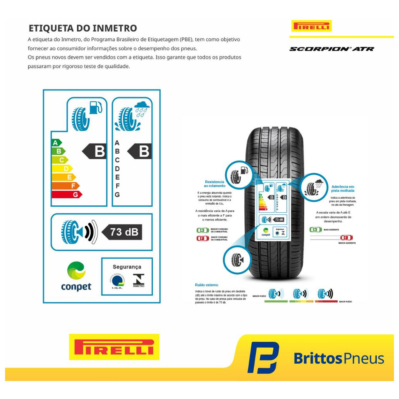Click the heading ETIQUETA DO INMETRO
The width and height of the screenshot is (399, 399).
click(83, 28)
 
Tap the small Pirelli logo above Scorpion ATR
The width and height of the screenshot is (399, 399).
click(311, 26)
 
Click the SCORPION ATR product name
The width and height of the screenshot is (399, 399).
click(331, 49)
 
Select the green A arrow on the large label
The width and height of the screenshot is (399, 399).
click(57, 143)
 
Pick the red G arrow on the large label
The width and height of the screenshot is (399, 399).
click(67, 194)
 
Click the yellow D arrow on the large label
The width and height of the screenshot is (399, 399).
click(62, 168)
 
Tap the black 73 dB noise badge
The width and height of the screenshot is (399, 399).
click(122, 232)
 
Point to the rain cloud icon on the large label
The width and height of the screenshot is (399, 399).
click(141, 106)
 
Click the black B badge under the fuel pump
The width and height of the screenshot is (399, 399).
click(95, 151)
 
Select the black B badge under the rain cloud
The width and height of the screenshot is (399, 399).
click(140, 151)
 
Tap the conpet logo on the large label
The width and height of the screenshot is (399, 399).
click(76, 276)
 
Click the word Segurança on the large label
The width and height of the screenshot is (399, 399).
click(127, 267)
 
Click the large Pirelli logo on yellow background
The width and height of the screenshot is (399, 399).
click(114, 346)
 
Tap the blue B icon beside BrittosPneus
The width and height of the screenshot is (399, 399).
click(263, 357)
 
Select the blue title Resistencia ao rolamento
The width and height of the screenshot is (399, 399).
click(215, 184)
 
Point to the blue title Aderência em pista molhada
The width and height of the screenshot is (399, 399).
click(343, 189)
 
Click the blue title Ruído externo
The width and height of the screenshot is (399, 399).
click(207, 285)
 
